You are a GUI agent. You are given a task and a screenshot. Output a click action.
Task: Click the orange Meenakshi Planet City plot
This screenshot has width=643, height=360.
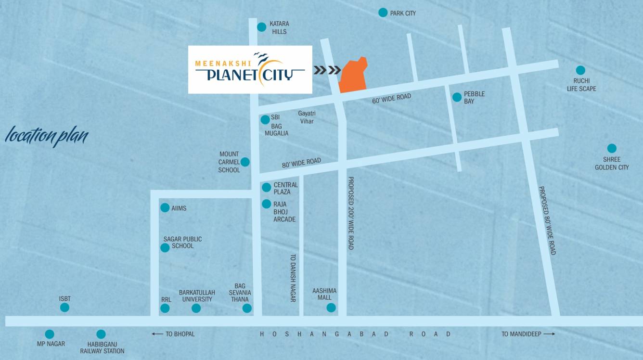353,76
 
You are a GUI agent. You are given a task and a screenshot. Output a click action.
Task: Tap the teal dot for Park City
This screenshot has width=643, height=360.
383,13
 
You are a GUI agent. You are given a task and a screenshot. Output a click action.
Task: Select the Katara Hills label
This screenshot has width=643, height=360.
279,27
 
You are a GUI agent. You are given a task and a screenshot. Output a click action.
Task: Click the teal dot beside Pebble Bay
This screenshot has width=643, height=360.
457,97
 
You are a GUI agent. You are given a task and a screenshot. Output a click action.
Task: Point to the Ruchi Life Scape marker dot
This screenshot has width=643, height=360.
580,70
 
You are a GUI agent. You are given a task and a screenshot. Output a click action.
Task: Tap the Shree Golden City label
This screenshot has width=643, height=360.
612,163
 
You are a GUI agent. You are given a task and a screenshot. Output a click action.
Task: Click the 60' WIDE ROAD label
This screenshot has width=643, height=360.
391,99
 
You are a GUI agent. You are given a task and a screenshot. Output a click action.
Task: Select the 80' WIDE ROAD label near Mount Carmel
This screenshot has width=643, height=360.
301,163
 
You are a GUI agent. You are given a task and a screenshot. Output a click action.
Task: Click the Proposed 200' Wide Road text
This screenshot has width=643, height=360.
351,212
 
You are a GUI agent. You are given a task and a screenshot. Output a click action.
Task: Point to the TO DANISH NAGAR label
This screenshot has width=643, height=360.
292,278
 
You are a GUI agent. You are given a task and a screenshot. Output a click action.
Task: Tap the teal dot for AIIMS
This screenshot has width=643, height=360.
165,208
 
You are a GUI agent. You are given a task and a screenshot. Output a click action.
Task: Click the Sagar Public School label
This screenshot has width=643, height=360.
182,242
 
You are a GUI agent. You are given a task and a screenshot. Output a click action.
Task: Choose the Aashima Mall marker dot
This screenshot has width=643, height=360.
331,308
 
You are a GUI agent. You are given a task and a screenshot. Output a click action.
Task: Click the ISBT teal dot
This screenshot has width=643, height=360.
64,307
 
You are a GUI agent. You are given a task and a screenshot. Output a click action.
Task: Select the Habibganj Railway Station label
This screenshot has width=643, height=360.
102,347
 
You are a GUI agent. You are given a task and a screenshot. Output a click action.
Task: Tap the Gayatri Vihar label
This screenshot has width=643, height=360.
307,117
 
